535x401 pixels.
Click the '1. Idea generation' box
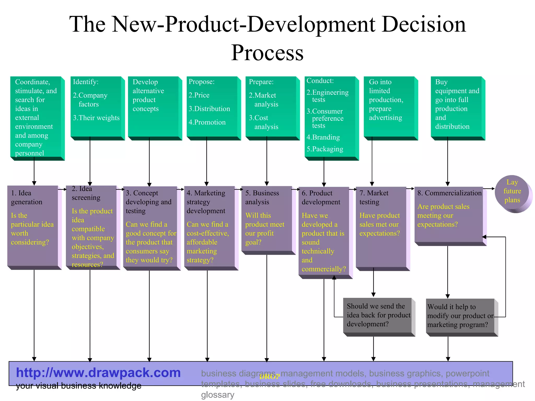(x=33, y=226)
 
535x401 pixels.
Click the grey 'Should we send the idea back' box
(x=377, y=315)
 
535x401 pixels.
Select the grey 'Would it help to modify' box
(x=460, y=316)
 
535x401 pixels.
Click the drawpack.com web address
(x=98, y=373)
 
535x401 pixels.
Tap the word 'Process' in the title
(x=267, y=53)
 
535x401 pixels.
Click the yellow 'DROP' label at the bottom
(x=270, y=376)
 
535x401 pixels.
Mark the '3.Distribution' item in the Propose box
(x=209, y=109)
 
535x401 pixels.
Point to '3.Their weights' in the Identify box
(x=96, y=118)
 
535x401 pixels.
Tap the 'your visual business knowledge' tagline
(x=78, y=386)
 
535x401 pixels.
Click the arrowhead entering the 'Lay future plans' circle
(x=493, y=188)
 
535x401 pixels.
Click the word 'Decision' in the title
(x=424, y=24)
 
